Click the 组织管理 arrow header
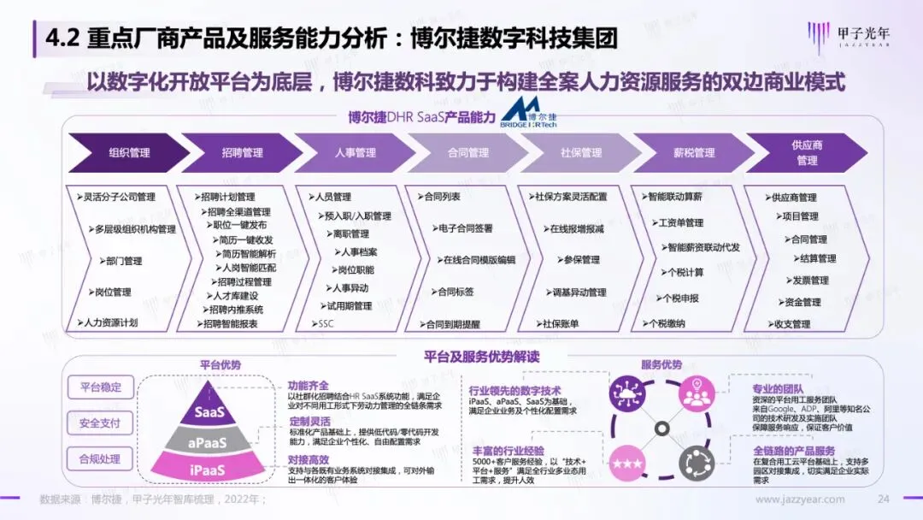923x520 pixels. [129, 153]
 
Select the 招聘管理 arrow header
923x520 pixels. [242, 153]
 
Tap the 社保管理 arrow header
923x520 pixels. [580, 153]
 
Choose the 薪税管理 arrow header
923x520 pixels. [693, 153]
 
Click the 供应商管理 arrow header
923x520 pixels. [806, 153]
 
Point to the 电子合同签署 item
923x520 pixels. [465, 228]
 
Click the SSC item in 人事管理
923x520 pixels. [326, 324]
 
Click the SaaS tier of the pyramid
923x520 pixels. [209, 412]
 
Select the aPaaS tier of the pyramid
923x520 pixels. [209, 442]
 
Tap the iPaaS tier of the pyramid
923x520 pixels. [209, 470]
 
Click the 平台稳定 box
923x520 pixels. [100, 387]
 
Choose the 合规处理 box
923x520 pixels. [100, 458]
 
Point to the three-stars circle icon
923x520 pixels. [626, 463]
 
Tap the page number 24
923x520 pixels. [884, 499]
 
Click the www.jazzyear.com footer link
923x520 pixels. [800, 499]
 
